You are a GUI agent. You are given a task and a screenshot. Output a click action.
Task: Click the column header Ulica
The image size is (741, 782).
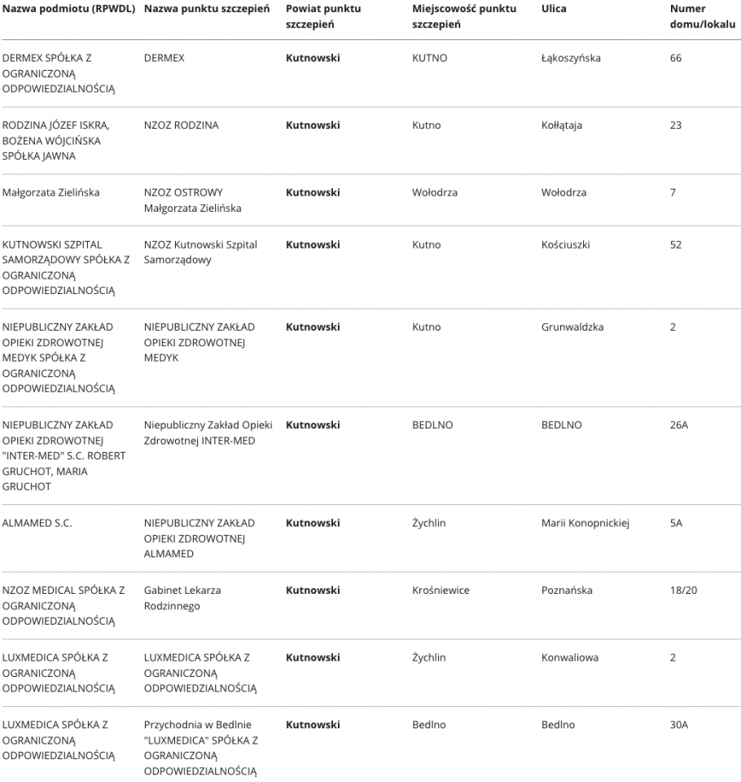[x=554, y=9]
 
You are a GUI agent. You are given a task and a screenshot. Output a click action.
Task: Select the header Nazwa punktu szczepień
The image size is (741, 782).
[x=208, y=9]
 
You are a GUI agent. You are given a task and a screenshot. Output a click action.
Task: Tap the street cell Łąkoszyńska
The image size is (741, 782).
[x=571, y=59]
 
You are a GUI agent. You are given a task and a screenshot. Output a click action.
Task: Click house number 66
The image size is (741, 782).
[x=676, y=59]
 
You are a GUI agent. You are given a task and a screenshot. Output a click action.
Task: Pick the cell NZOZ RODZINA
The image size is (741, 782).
[x=181, y=125]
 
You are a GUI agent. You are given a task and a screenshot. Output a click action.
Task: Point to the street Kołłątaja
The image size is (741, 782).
[x=562, y=125]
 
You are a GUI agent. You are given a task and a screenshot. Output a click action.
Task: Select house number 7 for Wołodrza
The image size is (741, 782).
[x=673, y=193]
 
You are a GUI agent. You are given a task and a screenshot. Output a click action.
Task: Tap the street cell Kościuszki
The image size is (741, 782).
[x=565, y=244]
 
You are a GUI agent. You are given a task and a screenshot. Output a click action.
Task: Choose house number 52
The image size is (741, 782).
[x=676, y=244]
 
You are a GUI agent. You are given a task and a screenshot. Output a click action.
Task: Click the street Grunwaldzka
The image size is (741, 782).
[x=572, y=327]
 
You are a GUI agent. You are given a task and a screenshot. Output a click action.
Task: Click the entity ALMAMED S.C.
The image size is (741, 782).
[x=37, y=523]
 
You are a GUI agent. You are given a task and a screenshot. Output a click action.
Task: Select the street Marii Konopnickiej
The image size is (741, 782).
[x=585, y=523]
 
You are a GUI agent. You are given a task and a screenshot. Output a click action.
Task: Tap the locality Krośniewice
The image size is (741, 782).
[x=441, y=591]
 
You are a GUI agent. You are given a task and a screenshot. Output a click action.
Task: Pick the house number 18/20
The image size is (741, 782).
[x=683, y=591]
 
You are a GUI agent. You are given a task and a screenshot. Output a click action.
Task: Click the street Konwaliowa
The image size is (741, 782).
[x=569, y=658]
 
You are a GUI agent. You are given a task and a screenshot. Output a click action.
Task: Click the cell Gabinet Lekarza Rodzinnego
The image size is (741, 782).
[x=182, y=598]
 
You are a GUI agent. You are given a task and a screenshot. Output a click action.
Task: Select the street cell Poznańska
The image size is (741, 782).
[x=567, y=591]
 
